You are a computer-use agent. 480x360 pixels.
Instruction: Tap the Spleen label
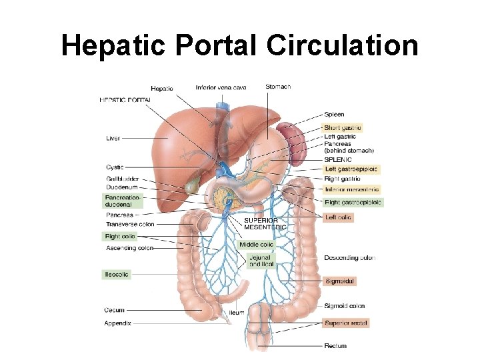click(335, 115)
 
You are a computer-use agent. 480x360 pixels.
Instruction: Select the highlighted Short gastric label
click(343, 127)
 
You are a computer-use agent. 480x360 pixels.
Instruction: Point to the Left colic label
click(338, 217)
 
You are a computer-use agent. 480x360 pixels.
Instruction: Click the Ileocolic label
click(116, 274)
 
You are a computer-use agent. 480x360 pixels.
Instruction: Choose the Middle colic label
click(256, 245)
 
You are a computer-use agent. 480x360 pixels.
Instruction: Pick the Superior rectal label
click(346, 323)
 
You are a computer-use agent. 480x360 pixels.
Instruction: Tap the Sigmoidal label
click(339, 281)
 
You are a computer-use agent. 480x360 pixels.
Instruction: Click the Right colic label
click(120, 236)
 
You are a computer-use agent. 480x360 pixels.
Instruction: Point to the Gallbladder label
click(123, 179)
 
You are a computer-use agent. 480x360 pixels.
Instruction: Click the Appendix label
click(117, 323)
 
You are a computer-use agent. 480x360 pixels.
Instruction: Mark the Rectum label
click(335, 346)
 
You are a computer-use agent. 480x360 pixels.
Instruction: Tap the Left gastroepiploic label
click(351, 169)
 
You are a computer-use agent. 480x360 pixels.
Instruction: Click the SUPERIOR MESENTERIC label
click(265, 223)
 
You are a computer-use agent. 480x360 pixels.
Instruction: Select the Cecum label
click(114, 310)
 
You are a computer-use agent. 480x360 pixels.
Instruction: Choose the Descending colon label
click(349, 257)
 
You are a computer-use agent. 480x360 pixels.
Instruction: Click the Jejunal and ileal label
click(261, 260)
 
